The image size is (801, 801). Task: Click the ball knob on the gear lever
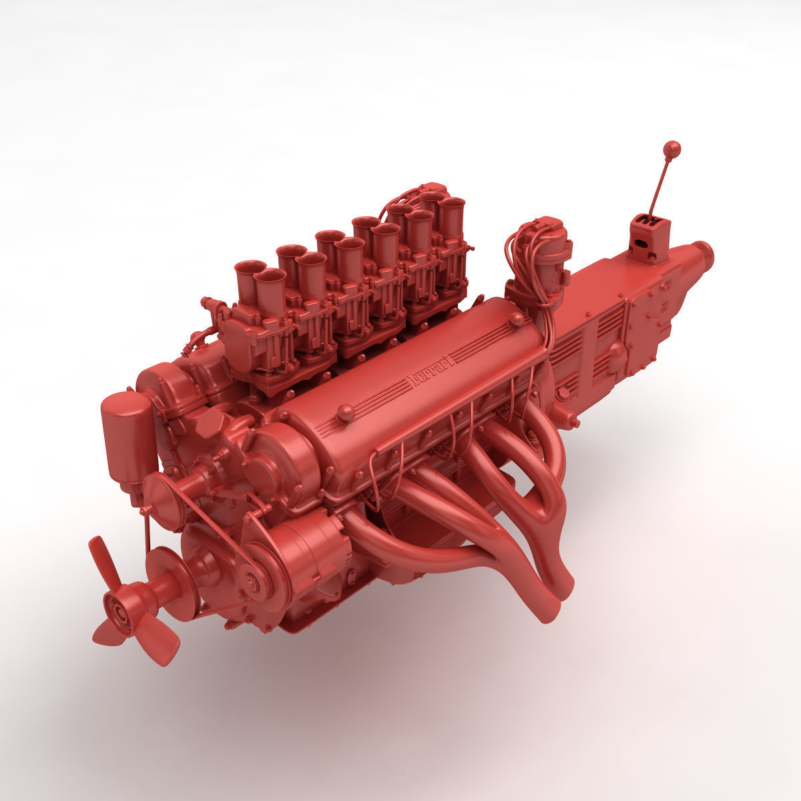(672, 148)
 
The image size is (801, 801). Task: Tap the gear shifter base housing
(647, 239)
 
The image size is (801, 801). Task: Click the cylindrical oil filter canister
(127, 434)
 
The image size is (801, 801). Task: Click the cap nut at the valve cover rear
(517, 318)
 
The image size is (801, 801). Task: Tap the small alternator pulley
(252, 583)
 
